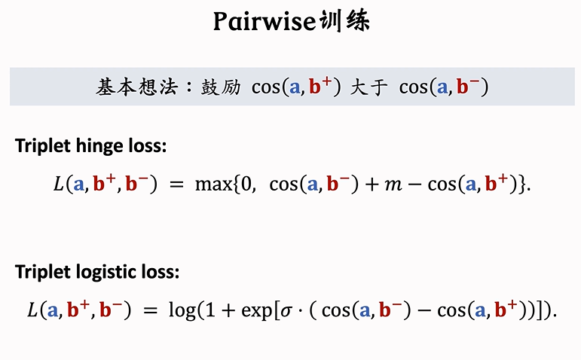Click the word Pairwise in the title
pos(262,22)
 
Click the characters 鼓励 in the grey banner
pos(220,87)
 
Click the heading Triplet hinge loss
pos(90,146)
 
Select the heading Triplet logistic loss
pos(97,272)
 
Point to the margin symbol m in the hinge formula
pos(394,185)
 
